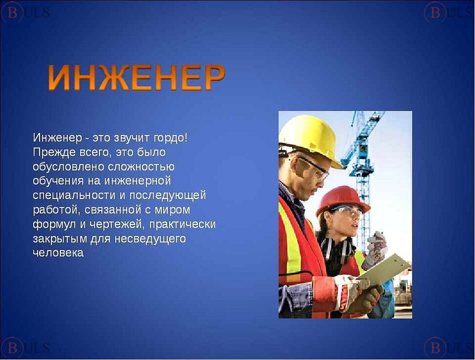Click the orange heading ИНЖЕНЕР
[136, 78]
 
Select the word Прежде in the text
[54, 152]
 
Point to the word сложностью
[141, 167]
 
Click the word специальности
[74, 195]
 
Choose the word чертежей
[117, 225]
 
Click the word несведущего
[150, 239]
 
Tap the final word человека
[58, 253]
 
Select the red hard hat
[343, 200]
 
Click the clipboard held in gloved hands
[385, 270]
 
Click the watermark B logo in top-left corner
[12, 12]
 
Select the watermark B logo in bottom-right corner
[435, 348]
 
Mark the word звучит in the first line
[132, 138]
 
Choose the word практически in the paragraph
[182, 225]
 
